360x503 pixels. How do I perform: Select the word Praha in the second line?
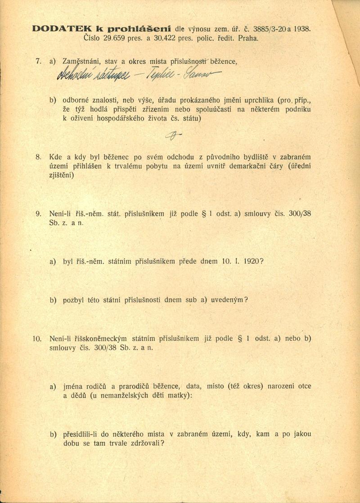[248, 39]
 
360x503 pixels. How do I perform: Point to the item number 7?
[38, 60]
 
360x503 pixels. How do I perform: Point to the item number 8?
[38, 157]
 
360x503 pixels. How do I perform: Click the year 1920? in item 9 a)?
[252, 261]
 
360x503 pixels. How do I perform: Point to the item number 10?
[38, 338]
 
